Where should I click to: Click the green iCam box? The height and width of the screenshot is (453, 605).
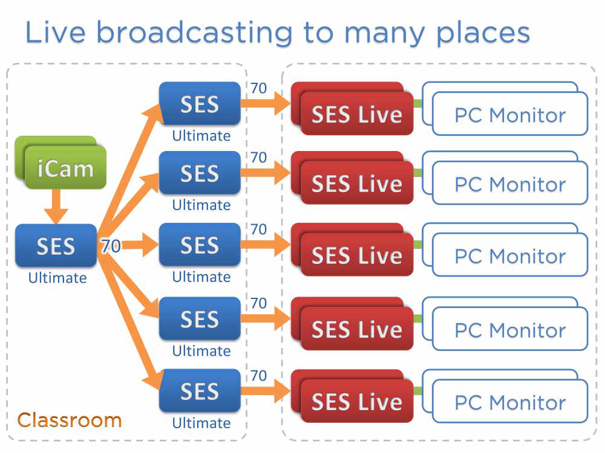[x=65, y=169]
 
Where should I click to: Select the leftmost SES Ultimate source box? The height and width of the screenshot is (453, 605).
[x=56, y=246]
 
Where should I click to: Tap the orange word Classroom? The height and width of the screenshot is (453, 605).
[x=69, y=420]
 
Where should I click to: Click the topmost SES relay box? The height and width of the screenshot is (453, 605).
[x=200, y=104]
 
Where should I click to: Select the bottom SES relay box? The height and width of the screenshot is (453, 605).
[x=200, y=391]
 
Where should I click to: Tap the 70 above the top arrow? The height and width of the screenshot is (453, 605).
[x=258, y=89]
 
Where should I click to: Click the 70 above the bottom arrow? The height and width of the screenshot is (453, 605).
[x=258, y=376]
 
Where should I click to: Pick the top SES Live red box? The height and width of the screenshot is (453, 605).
[x=357, y=114]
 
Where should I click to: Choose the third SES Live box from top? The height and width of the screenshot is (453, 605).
[x=357, y=255]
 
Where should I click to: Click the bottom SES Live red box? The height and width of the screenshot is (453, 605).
[x=357, y=401]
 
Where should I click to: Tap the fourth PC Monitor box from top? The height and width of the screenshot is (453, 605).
[x=510, y=329]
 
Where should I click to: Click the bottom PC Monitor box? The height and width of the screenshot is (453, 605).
[x=510, y=401]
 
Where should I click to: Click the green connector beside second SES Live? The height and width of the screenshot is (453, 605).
[x=417, y=173]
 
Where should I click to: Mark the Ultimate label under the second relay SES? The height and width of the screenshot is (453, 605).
[x=201, y=205]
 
